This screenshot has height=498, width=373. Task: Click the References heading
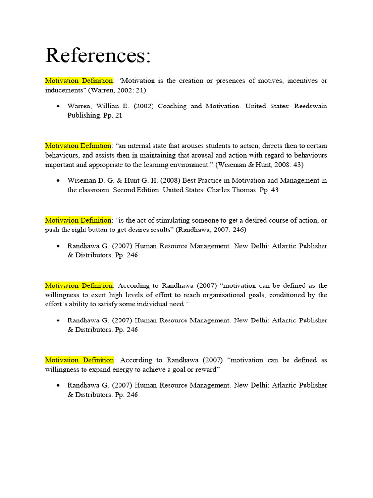coord(98,55)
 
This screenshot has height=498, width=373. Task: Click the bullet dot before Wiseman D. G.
coord(58,180)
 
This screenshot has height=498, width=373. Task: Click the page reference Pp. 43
coord(269,190)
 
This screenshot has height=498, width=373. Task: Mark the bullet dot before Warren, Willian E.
coord(58,106)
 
